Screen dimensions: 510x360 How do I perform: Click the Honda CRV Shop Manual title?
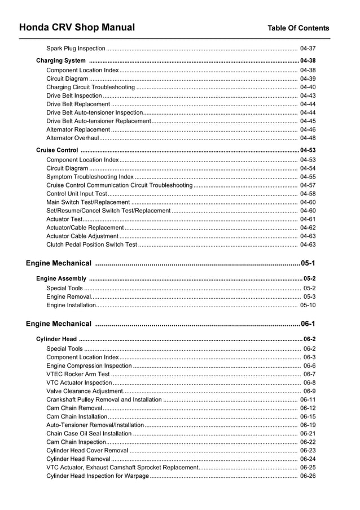pyautogui.click(x=77, y=28)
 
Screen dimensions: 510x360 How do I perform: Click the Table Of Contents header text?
pyautogui.click(x=298, y=28)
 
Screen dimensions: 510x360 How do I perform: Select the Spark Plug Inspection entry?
pyautogui.click(x=76, y=49)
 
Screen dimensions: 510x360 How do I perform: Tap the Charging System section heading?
pyautogui.click(x=61, y=60)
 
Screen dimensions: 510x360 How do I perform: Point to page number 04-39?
pyautogui.click(x=308, y=79)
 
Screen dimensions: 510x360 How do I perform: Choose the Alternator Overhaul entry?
pyautogui.click(x=72, y=138)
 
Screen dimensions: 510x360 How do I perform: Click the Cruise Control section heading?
pyautogui.click(x=57, y=150)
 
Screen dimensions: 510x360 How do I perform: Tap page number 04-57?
pyautogui.click(x=308, y=185)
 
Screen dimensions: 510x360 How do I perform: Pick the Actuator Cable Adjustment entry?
pyautogui.click(x=82, y=236)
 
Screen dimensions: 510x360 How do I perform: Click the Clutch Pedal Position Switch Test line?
pyautogui.click(x=91, y=245)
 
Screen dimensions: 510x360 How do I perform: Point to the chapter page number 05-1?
pyautogui.click(x=308, y=263)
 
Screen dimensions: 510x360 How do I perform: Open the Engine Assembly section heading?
pyautogui.click(x=61, y=278)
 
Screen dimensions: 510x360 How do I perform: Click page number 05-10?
pyautogui.click(x=308, y=305)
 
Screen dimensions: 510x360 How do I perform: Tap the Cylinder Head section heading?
pyautogui.click(x=56, y=339)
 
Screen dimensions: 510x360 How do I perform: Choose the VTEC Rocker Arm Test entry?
pyautogui.click(x=78, y=374)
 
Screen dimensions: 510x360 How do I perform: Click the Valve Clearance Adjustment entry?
pyautogui.click(x=84, y=391)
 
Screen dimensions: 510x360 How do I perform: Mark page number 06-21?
pyautogui.click(x=308, y=433)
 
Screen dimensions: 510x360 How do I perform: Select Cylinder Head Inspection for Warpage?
pyautogui.click(x=97, y=476)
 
